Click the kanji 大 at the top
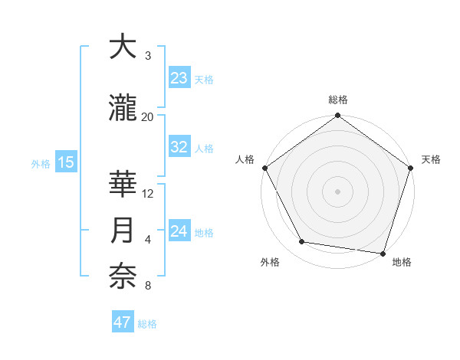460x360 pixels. coord(122,48)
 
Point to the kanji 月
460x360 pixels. coord(123,231)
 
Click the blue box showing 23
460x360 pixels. coord(179,77)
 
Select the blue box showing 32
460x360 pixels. coord(179,147)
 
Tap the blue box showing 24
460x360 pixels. coord(179,231)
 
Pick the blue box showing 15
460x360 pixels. coord(64,162)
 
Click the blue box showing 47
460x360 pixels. coord(123,322)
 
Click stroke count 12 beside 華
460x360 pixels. coord(148,193)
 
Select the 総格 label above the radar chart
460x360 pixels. coord(338,100)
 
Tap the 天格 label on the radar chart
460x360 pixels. coord(432,159)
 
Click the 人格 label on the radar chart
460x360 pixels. coord(245,159)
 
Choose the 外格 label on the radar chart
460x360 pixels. coord(270,263)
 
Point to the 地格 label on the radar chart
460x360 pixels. coord(402,263)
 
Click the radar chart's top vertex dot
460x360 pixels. coord(337,116)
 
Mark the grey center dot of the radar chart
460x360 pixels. coord(337,191)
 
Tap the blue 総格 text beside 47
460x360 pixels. coord(147,324)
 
